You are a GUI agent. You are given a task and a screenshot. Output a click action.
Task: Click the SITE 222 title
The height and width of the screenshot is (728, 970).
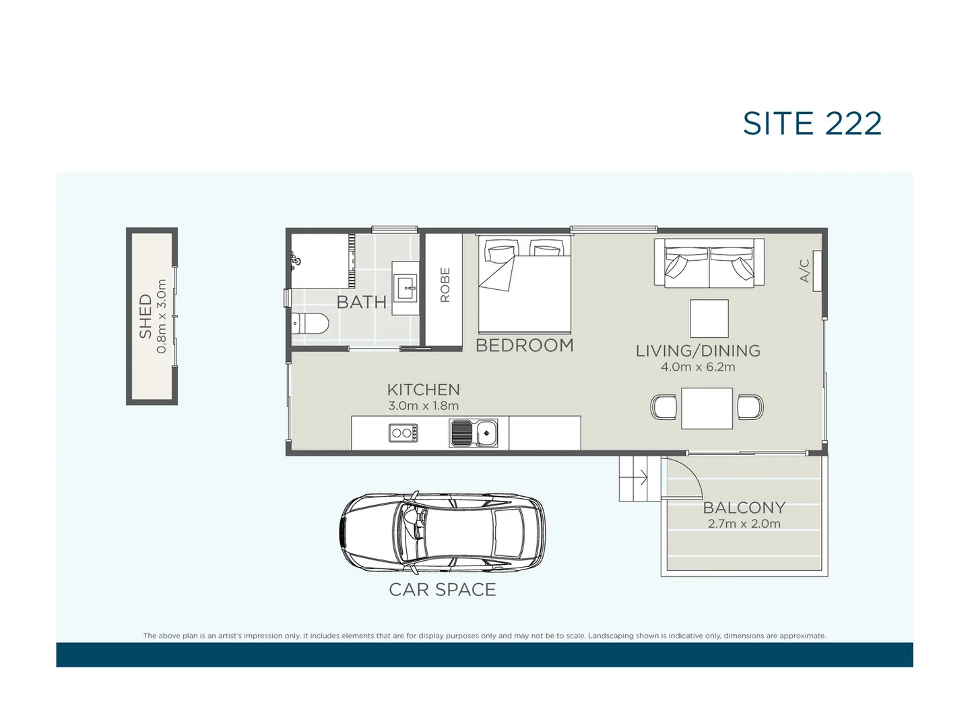(x=812, y=123)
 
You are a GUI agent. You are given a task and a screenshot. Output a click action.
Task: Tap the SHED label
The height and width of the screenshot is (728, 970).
(x=145, y=316)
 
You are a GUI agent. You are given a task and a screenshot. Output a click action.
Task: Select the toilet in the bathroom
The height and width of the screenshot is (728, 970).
(x=311, y=324)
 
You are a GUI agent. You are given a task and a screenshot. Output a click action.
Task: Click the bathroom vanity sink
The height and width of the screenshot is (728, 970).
(x=407, y=288)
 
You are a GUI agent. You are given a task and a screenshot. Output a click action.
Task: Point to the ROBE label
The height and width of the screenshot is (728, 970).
(x=445, y=285)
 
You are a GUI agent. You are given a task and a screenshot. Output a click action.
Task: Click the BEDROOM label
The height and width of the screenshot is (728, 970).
(x=525, y=345)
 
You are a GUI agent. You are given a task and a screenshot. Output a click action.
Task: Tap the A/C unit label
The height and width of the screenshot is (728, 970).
(x=804, y=270)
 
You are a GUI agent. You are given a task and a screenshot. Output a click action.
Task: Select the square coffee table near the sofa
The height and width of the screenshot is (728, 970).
(x=709, y=318)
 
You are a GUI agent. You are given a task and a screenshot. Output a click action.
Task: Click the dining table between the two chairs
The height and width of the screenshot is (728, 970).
(x=707, y=408)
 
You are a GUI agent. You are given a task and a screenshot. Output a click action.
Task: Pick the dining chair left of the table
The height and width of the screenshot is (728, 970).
(x=664, y=407)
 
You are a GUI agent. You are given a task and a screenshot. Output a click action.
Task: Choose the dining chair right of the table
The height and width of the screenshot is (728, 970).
(x=750, y=407)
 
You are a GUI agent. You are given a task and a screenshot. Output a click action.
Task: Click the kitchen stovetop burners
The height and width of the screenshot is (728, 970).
(x=403, y=433)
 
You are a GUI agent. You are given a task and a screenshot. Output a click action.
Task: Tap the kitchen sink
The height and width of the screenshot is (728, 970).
(x=474, y=433)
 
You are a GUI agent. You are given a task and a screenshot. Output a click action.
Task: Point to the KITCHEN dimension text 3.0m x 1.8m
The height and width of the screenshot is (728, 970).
(x=423, y=406)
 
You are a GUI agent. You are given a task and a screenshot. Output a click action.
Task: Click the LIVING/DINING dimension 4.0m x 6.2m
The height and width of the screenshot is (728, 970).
(x=698, y=367)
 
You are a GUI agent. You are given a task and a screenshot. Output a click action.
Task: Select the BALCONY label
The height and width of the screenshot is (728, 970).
(x=744, y=508)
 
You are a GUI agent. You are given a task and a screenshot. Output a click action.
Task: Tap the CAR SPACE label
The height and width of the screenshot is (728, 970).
(x=443, y=589)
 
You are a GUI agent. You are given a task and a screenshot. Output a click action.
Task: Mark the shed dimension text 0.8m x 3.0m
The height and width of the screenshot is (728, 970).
(x=162, y=316)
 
